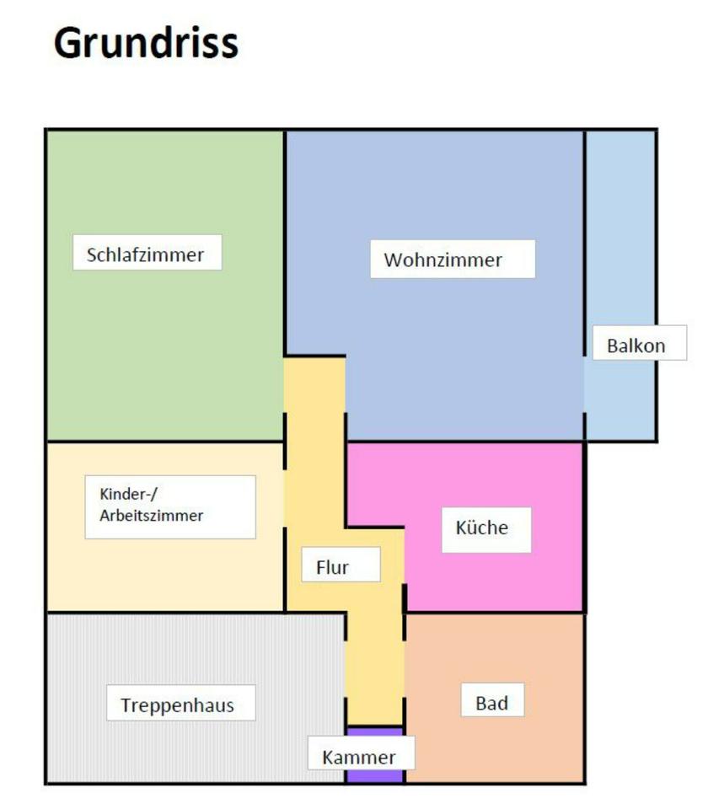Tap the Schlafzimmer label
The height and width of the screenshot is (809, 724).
coord(147,254)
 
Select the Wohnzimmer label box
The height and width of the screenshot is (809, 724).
coord(452,260)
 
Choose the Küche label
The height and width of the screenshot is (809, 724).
coord(485,529)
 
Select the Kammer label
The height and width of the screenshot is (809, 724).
coord(360,756)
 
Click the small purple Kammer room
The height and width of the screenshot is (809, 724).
coord(374,775)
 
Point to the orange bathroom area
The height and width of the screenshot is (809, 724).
coord(539,742)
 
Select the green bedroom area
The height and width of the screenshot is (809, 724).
coord(160,354)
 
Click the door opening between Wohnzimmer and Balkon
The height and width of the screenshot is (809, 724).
coord(584,383)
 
